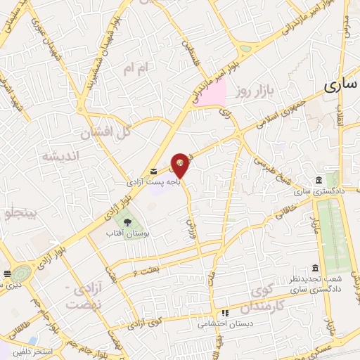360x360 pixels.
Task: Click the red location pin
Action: (x=181, y=165)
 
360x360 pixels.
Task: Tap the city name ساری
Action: (x=342, y=85)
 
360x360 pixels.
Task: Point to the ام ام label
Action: (x=136, y=68)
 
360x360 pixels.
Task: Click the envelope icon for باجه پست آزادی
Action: (x=153, y=172)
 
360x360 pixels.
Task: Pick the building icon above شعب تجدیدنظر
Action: (x=314, y=268)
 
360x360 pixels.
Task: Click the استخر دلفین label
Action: (x=29, y=349)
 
